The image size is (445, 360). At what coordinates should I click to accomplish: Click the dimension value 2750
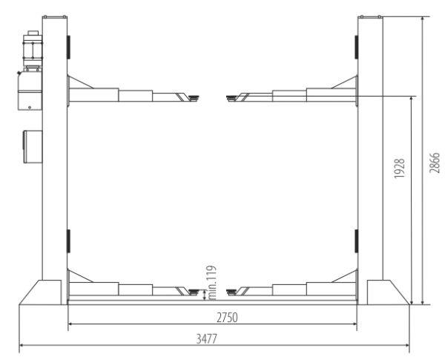[212, 317]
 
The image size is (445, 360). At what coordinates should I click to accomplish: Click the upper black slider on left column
[68, 47]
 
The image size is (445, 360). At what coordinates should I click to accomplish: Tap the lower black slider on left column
[68, 240]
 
